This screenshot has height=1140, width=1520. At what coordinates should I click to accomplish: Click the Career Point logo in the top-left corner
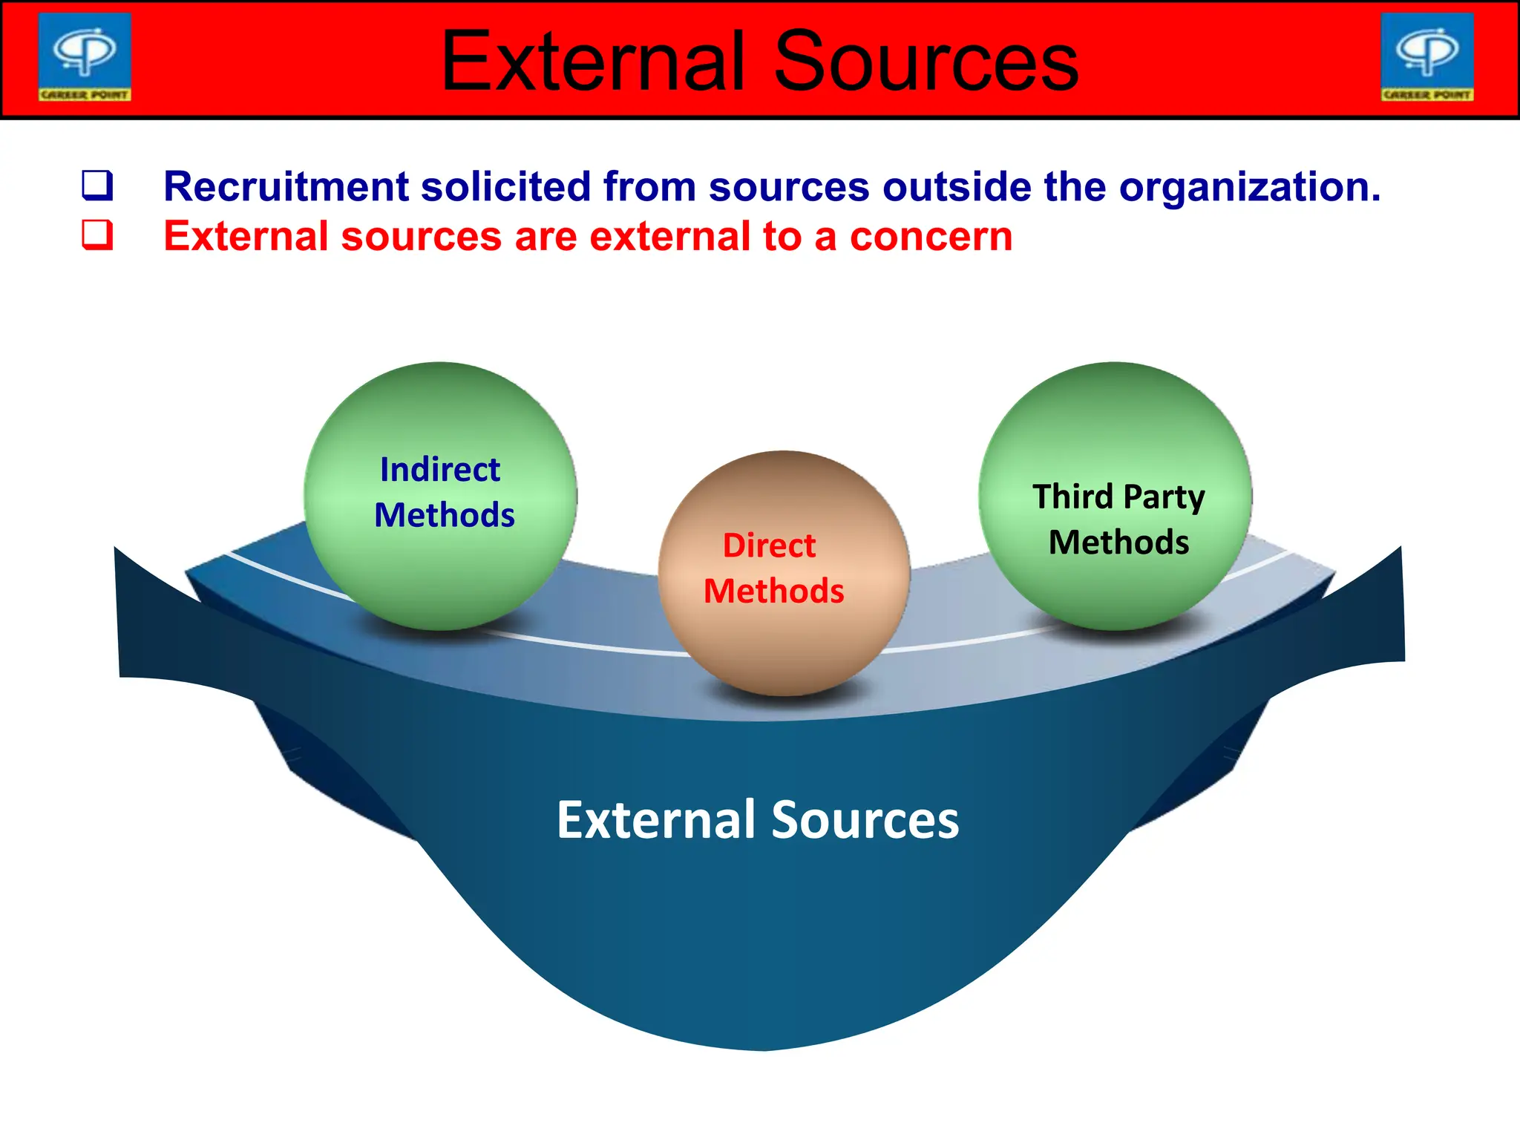tap(85, 57)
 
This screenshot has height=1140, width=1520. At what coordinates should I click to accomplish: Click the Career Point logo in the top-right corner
tap(1426, 57)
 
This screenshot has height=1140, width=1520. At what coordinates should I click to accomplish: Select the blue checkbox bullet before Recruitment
tap(97, 186)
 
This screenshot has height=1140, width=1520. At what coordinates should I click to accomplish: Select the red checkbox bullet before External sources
tap(97, 235)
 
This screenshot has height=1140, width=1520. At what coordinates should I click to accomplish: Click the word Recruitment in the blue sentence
tap(286, 186)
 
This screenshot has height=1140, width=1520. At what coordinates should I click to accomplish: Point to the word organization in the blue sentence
tap(1249, 186)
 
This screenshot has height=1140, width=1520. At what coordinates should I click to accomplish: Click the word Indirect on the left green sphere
tap(440, 470)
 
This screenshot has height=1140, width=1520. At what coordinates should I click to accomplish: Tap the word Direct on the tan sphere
tap(770, 546)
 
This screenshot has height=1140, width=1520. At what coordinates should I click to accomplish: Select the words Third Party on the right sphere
tap(1118, 497)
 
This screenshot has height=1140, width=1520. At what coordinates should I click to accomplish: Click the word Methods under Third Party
tap(1118, 543)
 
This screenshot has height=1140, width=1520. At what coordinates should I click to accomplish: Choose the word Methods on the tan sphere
tap(773, 592)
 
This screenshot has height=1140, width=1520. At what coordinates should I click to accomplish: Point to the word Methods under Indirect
tap(444, 515)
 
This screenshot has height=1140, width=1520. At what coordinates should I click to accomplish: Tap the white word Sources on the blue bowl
tap(865, 820)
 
